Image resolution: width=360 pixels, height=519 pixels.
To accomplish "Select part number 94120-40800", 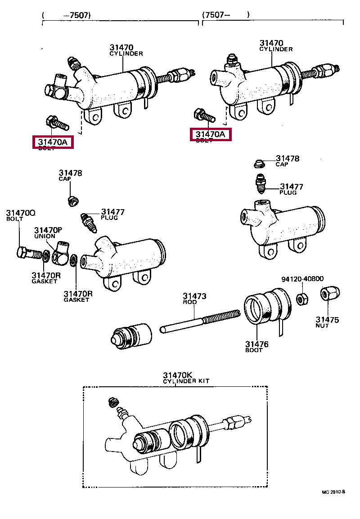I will coord(302,279).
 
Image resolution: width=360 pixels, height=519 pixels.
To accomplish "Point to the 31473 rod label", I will coord(194,299).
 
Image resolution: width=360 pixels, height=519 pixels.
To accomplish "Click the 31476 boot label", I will coord(256,347).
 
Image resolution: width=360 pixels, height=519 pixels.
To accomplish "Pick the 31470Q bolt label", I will coord(20,215).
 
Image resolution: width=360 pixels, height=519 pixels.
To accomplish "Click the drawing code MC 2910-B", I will coord(333,492).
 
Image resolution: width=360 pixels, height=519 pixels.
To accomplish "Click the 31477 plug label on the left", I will coord(112,214).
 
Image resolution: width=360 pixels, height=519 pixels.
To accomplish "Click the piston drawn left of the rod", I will coord(132,335).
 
